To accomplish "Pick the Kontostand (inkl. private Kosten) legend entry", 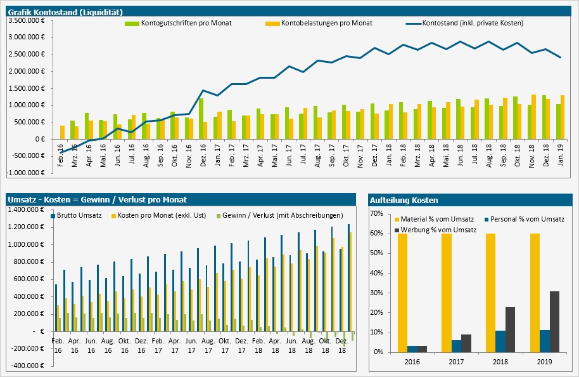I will point(472,23).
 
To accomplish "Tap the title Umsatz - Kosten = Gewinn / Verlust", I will point(98,200).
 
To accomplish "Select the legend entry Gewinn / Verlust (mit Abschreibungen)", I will point(282,216).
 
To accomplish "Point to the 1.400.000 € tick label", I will point(26,210).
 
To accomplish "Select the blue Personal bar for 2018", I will point(500,341).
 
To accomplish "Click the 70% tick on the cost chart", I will point(378,214).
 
